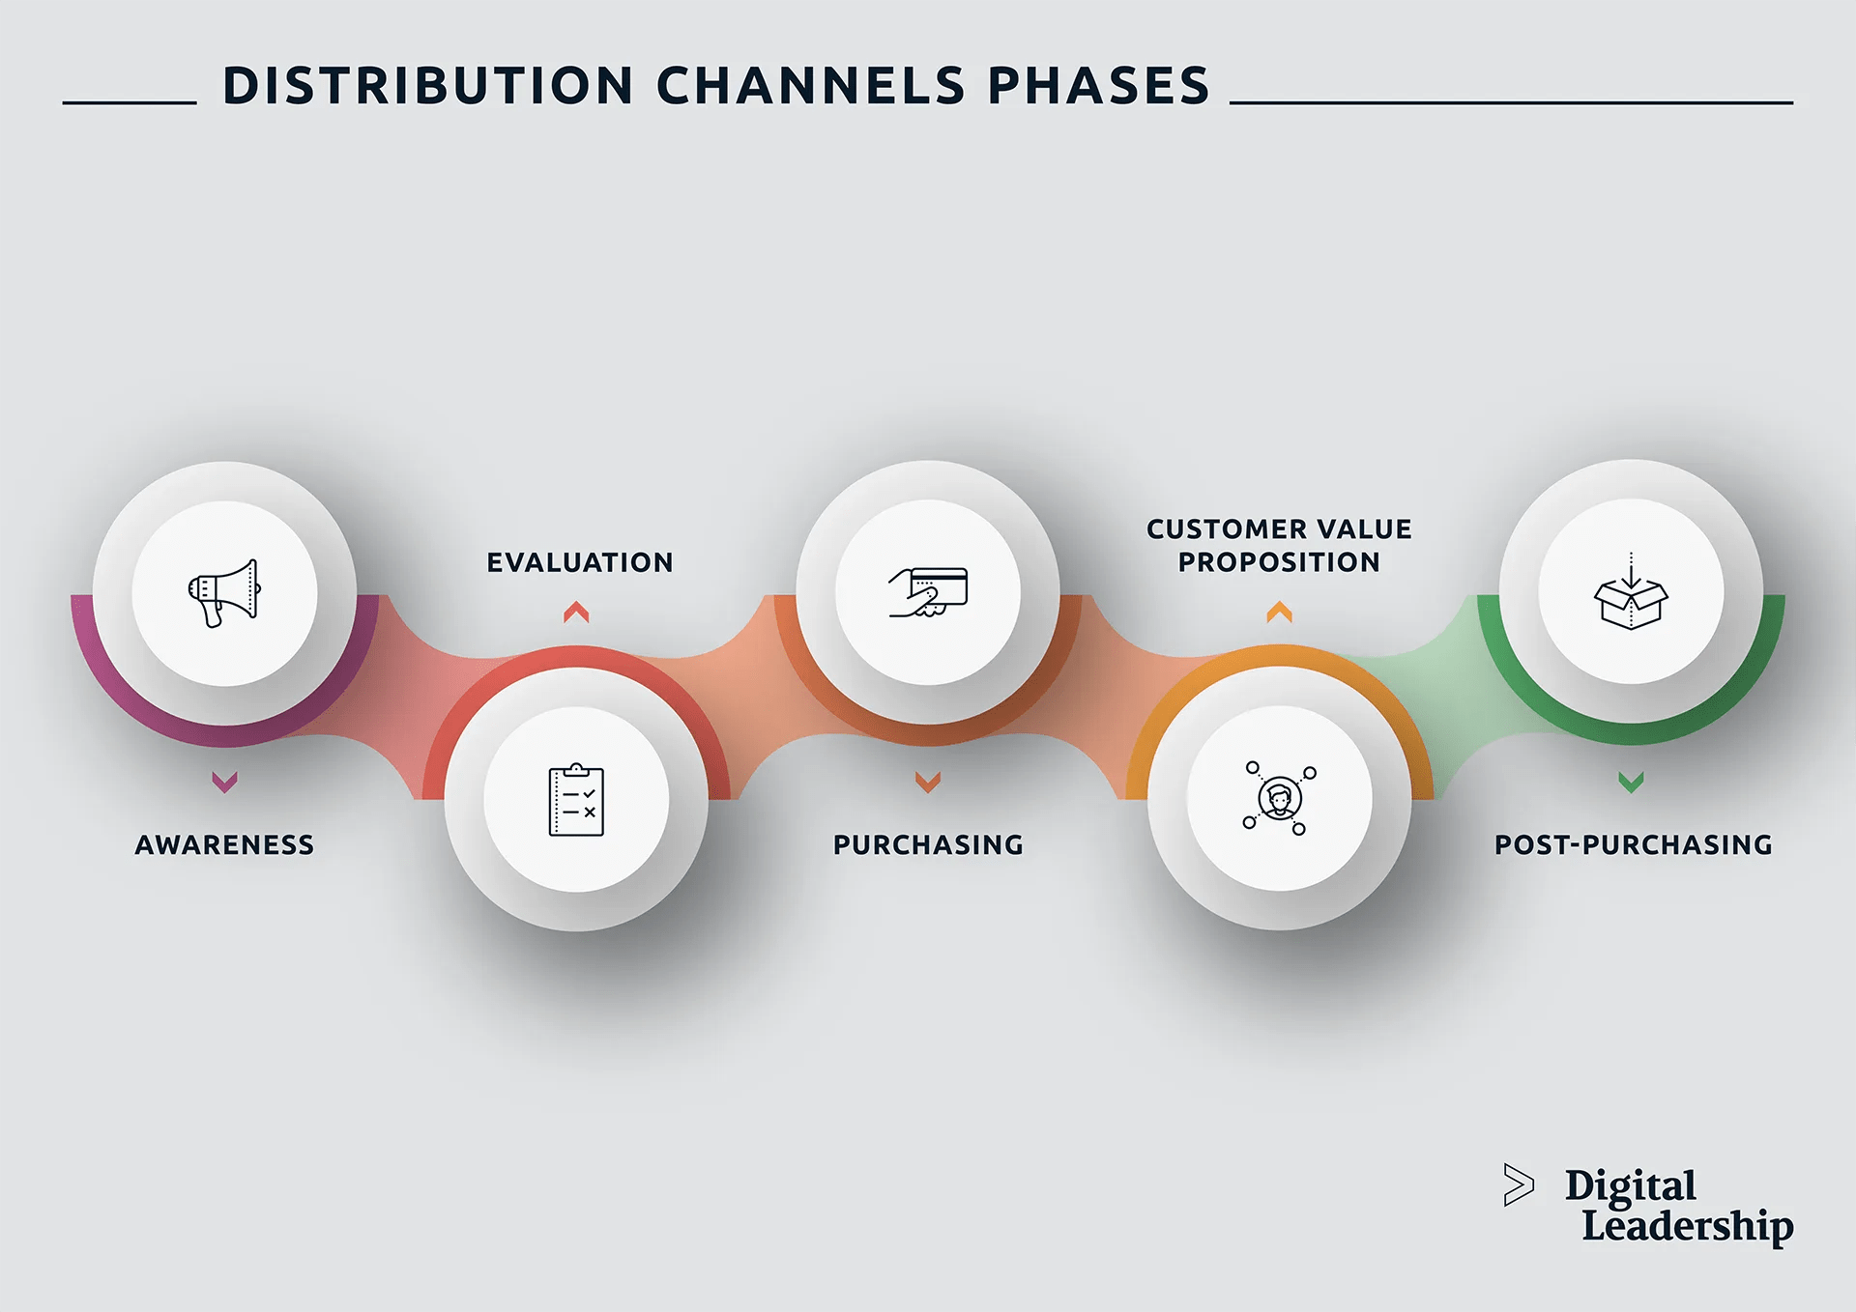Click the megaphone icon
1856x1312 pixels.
(x=224, y=592)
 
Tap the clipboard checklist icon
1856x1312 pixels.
(x=576, y=800)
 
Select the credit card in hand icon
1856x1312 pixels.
(x=928, y=592)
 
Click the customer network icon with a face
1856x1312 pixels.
(x=1279, y=798)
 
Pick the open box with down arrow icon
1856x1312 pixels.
(x=1631, y=592)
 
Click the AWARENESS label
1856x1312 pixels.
(x=224, y=845)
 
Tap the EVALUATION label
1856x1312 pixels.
(x=579, y=562)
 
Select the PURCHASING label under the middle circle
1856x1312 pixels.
(x=928, y=845)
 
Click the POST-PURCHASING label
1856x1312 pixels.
(x=1633, y=845)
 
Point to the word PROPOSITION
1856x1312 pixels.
(x=1279, y=562)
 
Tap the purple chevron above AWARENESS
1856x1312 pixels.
(x=224, y=782)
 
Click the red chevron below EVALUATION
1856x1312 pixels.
(x=576, y=612)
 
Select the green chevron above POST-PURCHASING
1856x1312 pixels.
(x=1631, y=782)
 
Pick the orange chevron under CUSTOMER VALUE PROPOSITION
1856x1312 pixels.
(x=1279, y=612)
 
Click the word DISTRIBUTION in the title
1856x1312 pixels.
(x=428, y=86)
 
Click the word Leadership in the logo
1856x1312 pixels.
(x=1687, y=1226)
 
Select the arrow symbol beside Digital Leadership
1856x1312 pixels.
(x=1518, y=1185)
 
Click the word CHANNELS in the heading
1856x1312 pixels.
(x=810, y=86)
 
